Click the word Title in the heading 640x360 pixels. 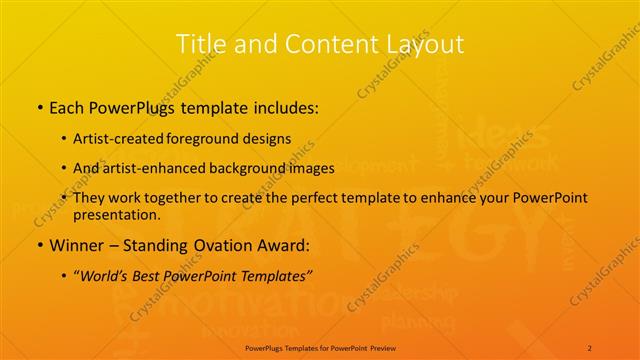coord(198,43)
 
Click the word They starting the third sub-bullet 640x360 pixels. coord(91,198)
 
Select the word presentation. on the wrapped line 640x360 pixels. coord(116,215)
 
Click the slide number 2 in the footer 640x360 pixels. coord(590,347)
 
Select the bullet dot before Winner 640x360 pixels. coord(39,245)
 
